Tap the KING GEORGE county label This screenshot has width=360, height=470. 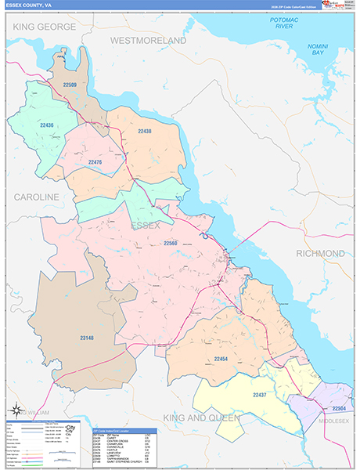pos(44,27)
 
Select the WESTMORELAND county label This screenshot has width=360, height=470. pos(148,39)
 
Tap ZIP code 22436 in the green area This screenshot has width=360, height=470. pos(46,125)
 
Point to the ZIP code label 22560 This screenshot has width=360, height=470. pos(175,244)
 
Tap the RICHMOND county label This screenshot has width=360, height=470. pos(320,254)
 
